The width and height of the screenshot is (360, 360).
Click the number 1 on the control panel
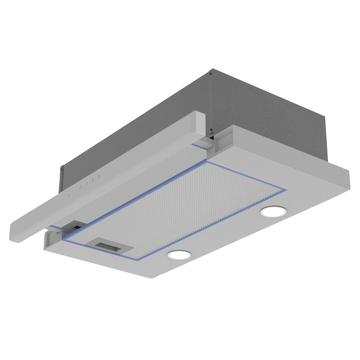pyautogui.click(x=86, y=184)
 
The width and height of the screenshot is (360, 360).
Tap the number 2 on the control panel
pyautogui.click(x=93, y=180)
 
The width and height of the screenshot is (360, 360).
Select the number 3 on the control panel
pyautogui.click(x=99, y=176)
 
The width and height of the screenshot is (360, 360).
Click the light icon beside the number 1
pyautogui.click(x=80, y=188)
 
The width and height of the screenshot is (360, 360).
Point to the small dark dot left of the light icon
pyautogui.click(x=69, y=195)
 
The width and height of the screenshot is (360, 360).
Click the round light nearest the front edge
pyautogui.click(x=179, y=255)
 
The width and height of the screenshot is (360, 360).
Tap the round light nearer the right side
pyautogui.click(x=273, y=211)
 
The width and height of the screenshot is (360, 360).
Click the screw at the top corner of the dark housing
pyautogui.click(x=210, y=74)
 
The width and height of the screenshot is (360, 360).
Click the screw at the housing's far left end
pyautogui.click(x=61, y=169)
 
